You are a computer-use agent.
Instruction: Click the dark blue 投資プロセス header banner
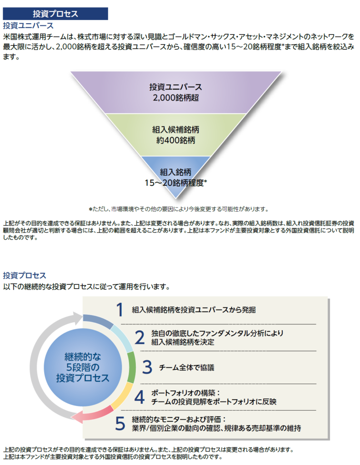tap(55, 14)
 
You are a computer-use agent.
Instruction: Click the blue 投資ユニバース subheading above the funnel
tap(28, 25)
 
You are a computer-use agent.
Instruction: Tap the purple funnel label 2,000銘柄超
tap(175, 97)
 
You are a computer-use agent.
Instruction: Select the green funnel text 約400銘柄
tap(175, 140)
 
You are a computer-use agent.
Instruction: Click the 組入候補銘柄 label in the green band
tap(175, 129)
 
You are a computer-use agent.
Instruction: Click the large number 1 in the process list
tap(120, 310)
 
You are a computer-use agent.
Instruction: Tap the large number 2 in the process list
tap(140, 337)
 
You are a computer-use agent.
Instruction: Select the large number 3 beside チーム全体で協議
tap(147, 367)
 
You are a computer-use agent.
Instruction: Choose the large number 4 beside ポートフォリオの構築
tap(140, 396)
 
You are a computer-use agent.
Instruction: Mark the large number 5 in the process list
tap(120, 423)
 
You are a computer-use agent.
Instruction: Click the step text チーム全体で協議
tap(186, 367)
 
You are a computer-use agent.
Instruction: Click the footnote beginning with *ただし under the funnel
tap(179, 209)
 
